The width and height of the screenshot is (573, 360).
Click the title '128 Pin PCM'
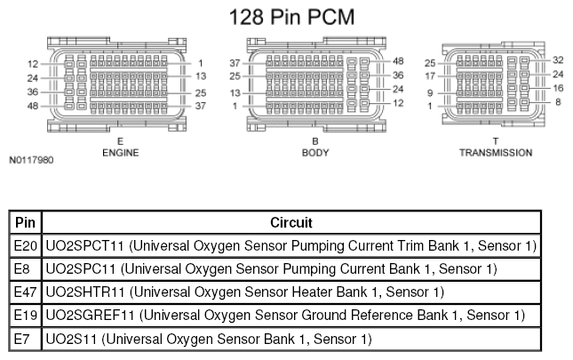pyautogui.click(x=291, y=17)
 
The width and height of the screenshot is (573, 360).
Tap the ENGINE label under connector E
pyautogui.click(x=121, y=153)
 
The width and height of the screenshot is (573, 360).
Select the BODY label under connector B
pyautogui.click(x=315, y=153)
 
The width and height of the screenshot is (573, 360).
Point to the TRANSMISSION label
pyautogui.click(x=496, y=153)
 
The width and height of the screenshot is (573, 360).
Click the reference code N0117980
pyautogui.click(x=31, y=160)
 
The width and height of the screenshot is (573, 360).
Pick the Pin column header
pyautogui.click(x=25, y=222)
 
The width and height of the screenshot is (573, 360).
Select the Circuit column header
pyautogui.click(x=291, y=222)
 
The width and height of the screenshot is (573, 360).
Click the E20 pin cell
pyautogui.click(x=25, y=245)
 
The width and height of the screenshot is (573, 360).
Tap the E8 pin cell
pyautogui.click(x=21, y=269)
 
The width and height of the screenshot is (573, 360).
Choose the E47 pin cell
pyautogui.click(x=25, y=292)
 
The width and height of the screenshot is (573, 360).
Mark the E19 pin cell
pyautogui.click(x=25, y=316)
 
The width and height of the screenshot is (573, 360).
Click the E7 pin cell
pyautogui.click(x=21, y=340)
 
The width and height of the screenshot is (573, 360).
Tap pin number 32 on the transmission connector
pyautogui.click(x=558, y=60)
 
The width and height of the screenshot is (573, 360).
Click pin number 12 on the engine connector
pyautogui.click(x=33, y=64)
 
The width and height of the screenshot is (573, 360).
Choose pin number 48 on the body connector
pyautogui.click(x=398, y=61)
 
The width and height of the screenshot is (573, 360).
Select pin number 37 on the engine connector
pyautogui.click(x=200, y=106)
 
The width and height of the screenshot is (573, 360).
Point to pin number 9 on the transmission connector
pyautogui.click(x=430, y=93)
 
